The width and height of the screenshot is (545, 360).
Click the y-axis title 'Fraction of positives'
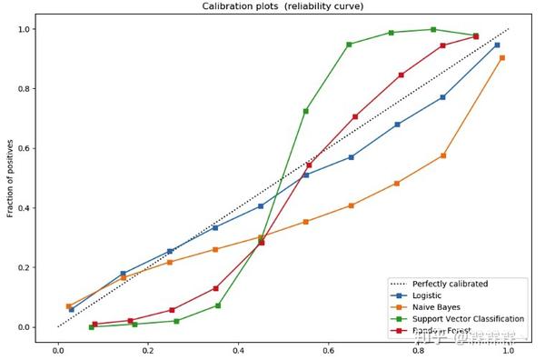tap(11, 178)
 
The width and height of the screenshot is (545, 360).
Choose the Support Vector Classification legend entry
tap(469, 319)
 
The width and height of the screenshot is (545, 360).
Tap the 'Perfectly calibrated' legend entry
tap(450, 284)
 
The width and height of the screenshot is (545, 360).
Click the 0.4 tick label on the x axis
tap(239, 347)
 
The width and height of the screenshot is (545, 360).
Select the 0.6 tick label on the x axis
tap(329, 347)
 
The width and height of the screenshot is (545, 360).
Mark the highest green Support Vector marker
tap(433, 29)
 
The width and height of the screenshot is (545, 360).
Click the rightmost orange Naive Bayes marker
tap(502, 57)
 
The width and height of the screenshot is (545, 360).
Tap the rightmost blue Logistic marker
tap(497, 45)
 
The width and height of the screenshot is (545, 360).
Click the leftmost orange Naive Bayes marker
tap(68, 306)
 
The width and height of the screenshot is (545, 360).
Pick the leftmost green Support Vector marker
tap(92, 326)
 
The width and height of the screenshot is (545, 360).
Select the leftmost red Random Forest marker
tap(94, 324)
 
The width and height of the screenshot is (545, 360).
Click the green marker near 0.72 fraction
tap(305, 111)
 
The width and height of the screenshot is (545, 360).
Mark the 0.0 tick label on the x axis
tap(58, 347)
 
